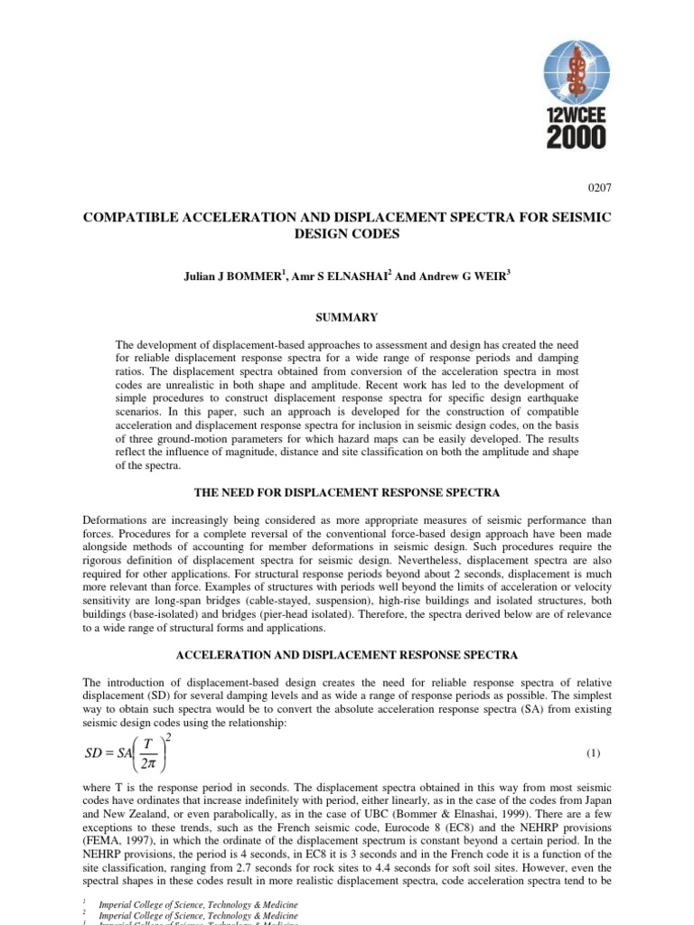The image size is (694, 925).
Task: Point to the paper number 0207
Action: click(x=599, y=189)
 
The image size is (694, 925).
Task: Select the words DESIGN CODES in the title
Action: click(x=347, y=233)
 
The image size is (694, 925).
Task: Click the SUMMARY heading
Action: click(x=347, y=317)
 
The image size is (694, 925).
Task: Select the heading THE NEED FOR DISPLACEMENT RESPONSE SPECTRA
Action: click(x=347, y=492)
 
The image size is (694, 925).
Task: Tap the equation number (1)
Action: click(x=594, y=752)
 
